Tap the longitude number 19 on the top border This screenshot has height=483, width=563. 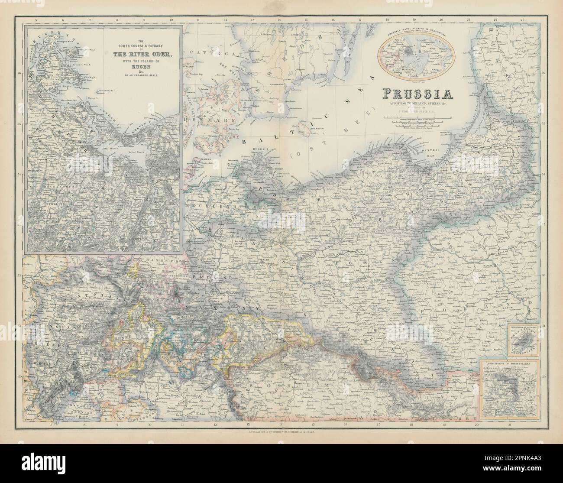[x=414, y=20]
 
